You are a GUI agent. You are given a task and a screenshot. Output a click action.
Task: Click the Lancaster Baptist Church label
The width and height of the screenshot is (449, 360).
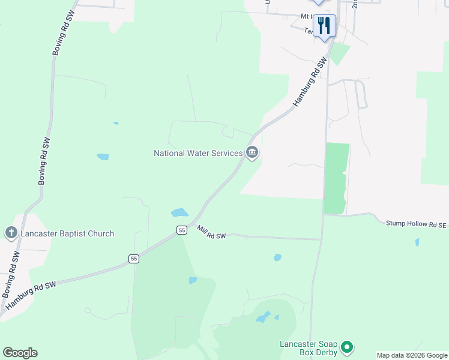point(67,233)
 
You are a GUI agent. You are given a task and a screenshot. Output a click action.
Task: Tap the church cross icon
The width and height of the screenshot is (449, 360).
point(11,233)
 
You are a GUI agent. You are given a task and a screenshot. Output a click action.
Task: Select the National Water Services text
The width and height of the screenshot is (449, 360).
point(198,153)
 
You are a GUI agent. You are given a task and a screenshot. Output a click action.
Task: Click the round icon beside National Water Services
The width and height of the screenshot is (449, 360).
point(252,153)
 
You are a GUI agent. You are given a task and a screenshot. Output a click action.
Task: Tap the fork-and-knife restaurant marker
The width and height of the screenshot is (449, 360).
point(324,26)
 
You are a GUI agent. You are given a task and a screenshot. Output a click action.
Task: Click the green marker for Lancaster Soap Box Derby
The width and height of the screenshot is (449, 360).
point(346,347)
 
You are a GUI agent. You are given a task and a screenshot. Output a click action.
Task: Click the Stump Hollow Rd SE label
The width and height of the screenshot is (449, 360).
point(417,223)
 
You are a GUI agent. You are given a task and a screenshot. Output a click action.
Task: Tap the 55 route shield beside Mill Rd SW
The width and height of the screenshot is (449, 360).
point(181,230)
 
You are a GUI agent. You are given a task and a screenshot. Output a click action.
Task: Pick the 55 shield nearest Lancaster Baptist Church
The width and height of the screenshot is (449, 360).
point(133,259)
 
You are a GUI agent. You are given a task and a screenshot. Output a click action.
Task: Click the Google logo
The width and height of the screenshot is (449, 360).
point(20,353)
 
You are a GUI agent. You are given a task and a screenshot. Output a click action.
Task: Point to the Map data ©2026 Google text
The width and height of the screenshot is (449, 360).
point(412,355)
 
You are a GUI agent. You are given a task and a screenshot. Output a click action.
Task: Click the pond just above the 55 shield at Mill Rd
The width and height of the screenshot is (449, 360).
point(179,212)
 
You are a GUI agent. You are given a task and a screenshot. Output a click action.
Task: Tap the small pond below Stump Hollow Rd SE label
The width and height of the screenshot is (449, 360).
point(417,242)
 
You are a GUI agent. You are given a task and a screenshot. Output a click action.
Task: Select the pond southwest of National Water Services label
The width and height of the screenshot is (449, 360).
point(103,157)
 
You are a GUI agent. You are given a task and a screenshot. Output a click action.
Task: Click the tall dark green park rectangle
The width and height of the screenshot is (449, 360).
point(336,178)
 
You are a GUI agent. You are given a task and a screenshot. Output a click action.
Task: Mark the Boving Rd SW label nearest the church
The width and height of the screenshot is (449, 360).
point(11,274)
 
